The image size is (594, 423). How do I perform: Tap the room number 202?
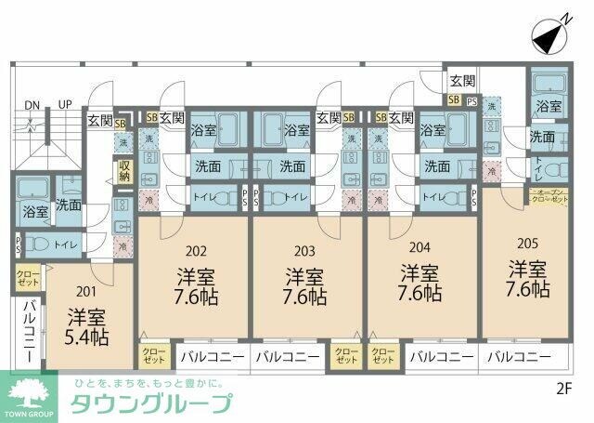click(x=195, y=249)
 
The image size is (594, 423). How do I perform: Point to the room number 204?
click(x=419, y=247)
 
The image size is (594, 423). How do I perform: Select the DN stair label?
click(x=33, y=104)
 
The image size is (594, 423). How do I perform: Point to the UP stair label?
click(x=65, y=104)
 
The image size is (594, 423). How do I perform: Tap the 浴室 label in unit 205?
click(x=548, y=108)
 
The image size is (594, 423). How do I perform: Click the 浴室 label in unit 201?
click(x=34, y=211)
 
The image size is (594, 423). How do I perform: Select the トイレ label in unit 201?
click(x=65, y=243)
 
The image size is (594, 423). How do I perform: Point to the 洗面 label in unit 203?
click(x=292, y=165)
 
